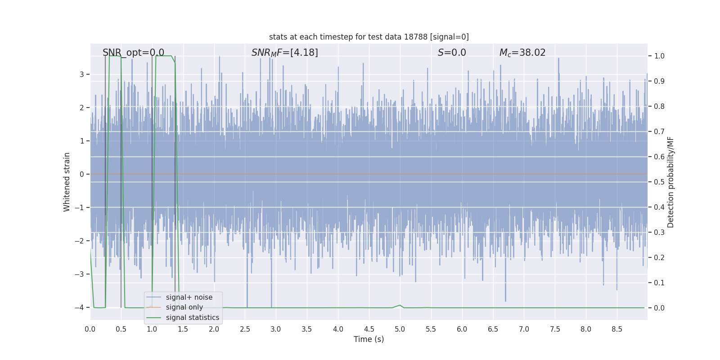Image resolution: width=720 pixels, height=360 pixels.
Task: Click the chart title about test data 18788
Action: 369,37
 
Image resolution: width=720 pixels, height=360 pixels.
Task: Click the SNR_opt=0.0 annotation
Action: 133,53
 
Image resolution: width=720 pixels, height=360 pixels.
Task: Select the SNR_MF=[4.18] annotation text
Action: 284,53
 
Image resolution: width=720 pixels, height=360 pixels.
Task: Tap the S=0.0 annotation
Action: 452,53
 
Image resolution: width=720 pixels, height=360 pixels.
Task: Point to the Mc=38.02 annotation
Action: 522,53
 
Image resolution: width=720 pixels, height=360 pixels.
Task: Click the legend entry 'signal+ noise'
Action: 189,297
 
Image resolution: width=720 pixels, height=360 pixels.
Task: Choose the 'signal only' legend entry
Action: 184,307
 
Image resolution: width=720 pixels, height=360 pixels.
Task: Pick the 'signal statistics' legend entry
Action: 192,318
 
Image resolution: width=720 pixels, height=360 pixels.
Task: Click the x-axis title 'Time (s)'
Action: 369,339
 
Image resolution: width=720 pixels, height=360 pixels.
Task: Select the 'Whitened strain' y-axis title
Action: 67,182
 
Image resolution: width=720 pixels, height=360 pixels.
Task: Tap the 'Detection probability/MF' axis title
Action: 670,182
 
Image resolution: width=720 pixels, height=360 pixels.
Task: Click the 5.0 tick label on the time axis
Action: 400,329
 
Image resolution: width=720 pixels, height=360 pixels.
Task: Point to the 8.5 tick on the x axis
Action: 616,329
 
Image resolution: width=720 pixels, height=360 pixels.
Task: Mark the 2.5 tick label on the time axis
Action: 245,329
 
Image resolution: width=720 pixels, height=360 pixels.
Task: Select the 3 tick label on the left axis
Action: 82,74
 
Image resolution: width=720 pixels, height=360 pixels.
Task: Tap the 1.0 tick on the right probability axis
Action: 659,56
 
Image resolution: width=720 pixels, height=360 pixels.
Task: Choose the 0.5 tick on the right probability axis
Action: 659,182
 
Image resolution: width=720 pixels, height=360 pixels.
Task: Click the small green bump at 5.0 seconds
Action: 400,305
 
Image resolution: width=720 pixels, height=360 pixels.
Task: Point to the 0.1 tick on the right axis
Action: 659,283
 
